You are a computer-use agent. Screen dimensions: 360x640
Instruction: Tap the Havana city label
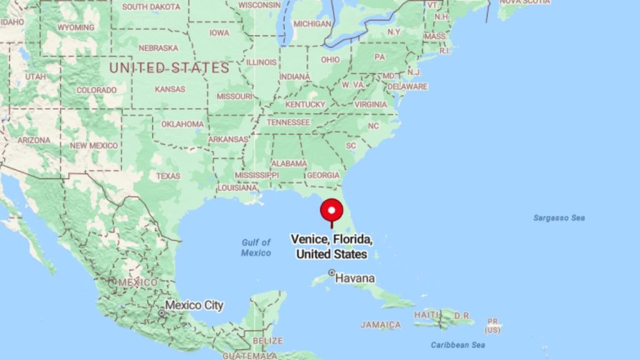click(x=355, y=278)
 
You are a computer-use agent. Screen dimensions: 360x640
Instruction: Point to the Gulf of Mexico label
click(x=256, y=247)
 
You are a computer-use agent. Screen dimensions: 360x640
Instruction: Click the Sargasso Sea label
click(x=559, y=218)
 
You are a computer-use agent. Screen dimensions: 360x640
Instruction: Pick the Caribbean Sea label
click(x=457, y=345)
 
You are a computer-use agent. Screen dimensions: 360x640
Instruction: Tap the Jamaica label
click(x=381, y=325)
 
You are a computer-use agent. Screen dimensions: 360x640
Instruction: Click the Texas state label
click(x=167, y=176)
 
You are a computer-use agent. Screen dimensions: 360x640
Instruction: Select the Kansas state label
click(x=169, y=89)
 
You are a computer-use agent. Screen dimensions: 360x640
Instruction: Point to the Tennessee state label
click(x=288, y=122)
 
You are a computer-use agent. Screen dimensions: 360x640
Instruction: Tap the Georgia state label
click(x=323, y=176)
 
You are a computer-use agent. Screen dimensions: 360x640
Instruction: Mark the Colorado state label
click(x=97, y=90)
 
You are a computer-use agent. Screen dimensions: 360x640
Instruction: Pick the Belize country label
click(x=267, y=341)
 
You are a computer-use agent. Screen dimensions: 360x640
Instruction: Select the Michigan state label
click(x=312, y=24)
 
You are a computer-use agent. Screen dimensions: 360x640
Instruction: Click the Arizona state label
click(x=34, y=140)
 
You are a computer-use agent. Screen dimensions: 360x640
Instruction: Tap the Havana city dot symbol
click(x=332, y=272)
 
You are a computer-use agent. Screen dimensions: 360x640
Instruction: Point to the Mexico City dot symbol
click(x=162, y=311)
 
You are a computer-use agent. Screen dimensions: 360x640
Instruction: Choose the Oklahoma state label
click(x=182, y=124)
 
